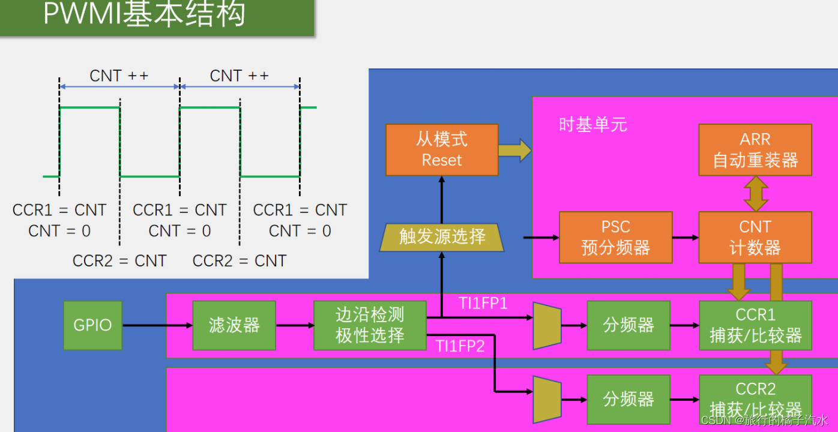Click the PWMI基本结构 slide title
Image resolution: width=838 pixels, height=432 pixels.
pyautogui.click(x=144, y=14)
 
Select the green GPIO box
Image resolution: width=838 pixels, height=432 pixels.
pyautogui.click(x=92, y=325)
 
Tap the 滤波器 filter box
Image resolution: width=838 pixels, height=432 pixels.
pyautogui.click(x=234, y=325)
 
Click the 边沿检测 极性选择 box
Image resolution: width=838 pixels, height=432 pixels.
pyautogui.click(x=370, y=325)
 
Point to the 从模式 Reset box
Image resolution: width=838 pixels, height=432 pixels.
pyautogui.click(x=442, y=150)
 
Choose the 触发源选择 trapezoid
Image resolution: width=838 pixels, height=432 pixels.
pyautogui.click(x=442, y=236)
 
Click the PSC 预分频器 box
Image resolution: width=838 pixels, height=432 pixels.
pyautogui.click(x=615, y=237)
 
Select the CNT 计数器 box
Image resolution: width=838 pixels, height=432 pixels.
pyautogui.click(x=755, y=237)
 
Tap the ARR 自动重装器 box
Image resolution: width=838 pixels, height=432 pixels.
pyautogui.click(x=755, y=150)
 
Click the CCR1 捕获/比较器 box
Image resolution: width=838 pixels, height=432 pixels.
pyautogui.click(x=755, y=325)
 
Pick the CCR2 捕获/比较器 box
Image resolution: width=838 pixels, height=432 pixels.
pyautogui.click(x=755, y=398)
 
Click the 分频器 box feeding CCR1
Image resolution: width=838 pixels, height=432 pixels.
pyautogui.click(x=628, y=325)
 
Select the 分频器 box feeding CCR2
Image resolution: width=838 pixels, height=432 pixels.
pyautogui.click(x=628, y=399)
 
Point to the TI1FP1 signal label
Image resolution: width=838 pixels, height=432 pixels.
pyautogui.click(x=483, y=304)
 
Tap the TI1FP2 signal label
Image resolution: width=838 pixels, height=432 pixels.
pyautogui.click(x=460, y=346)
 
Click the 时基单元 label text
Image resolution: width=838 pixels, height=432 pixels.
pyautogui.click(x=593, y=125)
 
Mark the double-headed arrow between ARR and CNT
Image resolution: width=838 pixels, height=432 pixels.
pyautogui.click(x=755, y=193)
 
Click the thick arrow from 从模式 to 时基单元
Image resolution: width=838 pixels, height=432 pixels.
pyautogui.click(x=515, y=150)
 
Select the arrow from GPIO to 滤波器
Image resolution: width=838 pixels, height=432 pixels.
pyautogui.click(x=157, y=326)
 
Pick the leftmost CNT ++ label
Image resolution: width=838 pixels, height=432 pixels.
pyautogui.click(x=119, y=76)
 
